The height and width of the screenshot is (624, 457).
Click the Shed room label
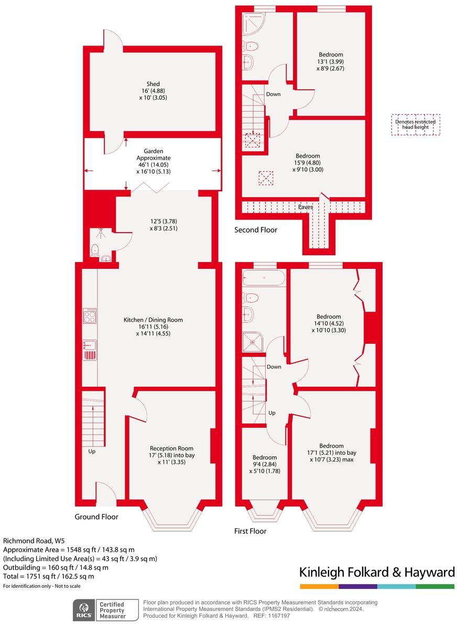pos(153,91)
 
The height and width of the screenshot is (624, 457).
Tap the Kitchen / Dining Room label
pos(153,326)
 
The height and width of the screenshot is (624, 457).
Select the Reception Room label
pos(171,455)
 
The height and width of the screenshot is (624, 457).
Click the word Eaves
pos(306,207)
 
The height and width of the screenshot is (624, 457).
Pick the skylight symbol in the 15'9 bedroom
pos(266,178)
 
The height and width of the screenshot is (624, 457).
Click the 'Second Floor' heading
pos(256,229)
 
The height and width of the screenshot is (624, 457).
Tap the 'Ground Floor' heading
pos(96,517)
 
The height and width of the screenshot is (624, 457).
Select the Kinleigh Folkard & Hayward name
pos(377,572)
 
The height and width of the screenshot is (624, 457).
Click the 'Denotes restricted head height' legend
pos(415,124)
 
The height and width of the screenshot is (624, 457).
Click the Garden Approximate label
pos(153,161)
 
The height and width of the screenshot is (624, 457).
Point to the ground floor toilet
pos(95,249)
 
